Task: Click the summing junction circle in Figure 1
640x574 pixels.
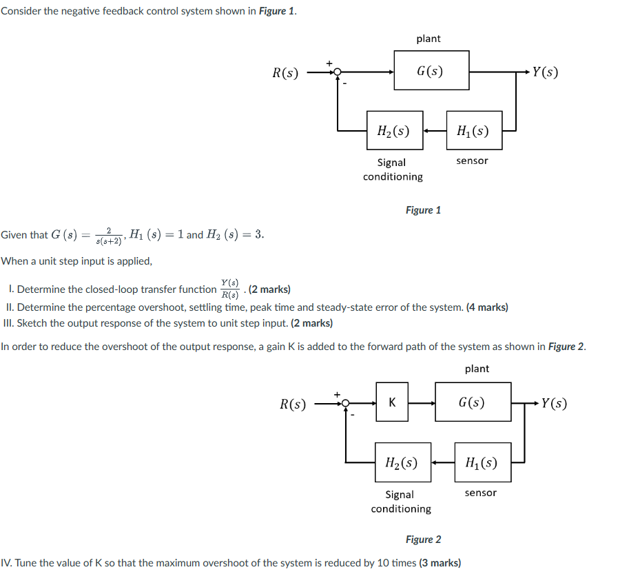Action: tap(337, 72)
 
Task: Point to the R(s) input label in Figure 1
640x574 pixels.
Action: tap(285, 72)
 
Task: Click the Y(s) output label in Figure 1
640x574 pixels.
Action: tap(546, 72)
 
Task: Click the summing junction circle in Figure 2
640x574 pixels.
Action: tap(346, 404)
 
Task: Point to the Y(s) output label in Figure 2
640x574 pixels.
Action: tap(554, 403)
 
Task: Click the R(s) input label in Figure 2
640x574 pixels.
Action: tap(293, 404)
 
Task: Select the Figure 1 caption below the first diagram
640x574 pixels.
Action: tap(423, 210)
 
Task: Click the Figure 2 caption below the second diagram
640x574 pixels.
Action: tap(423, 540)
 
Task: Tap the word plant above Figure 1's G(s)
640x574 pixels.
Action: tap(429, 39)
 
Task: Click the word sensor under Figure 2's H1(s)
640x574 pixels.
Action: tap(480, 493)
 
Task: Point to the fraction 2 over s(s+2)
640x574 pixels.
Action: tap(109, 236)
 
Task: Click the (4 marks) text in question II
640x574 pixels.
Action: tap(487, 307)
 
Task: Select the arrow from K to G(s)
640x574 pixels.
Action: tap(422, 403)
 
